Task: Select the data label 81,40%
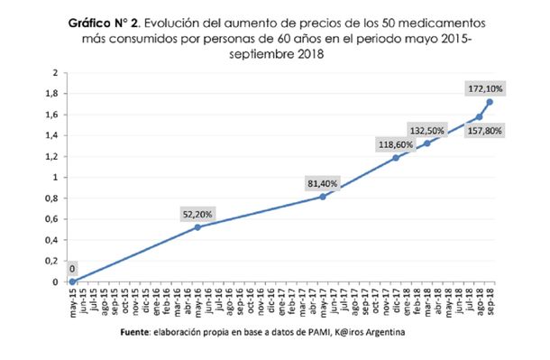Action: (324, 184)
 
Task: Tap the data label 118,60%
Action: (396, 144)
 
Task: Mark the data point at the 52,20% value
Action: (198, 226)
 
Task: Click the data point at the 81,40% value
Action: (323, 197)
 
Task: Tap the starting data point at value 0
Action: (73, 282)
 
